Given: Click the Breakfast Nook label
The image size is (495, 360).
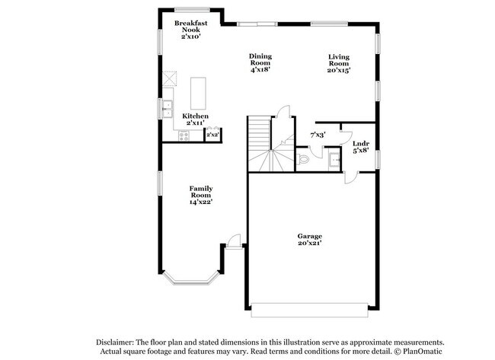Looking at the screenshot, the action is point(190,26).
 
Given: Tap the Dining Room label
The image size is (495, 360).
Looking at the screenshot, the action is point(260,59).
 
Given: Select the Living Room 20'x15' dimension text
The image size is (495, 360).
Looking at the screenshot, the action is point(339,70).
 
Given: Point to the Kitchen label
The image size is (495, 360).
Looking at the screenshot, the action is point(195,116).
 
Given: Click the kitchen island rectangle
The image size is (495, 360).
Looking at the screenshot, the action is point(198,93).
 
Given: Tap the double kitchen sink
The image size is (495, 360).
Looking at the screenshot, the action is point(167,109).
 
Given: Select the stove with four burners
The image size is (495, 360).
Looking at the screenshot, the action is point(184,135).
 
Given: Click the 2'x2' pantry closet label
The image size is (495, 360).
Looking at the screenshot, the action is point(212,135).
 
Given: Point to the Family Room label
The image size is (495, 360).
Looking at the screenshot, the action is point(201,192).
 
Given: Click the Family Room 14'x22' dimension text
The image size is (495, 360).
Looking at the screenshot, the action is point(201,202).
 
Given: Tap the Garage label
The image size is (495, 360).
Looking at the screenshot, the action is point(310,236).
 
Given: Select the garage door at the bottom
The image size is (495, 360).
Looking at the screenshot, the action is point(309,311).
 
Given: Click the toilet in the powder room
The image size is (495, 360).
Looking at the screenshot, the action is point(302,159).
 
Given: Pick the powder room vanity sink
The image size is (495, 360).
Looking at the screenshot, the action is point(334,161).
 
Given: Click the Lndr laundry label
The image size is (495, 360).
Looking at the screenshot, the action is point(361,144).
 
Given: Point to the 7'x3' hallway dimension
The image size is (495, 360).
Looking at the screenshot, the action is point(318,135).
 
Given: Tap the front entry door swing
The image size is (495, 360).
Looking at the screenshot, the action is point(234,242).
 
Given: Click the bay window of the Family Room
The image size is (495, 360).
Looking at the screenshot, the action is point(191,280).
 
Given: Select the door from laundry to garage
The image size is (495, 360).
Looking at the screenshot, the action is point(351,177).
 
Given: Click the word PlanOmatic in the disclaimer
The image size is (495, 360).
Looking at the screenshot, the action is point(423,351).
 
